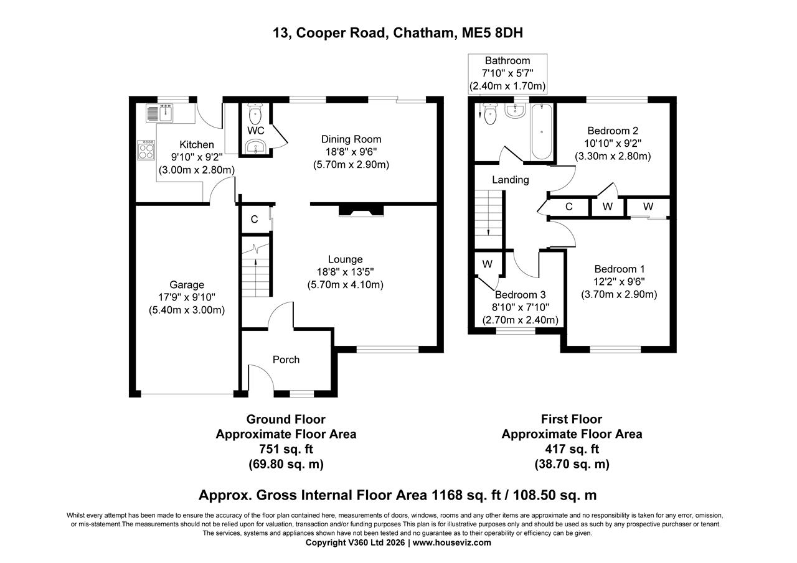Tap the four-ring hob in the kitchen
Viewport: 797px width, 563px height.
(147, 150)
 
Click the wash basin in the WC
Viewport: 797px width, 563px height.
(256, 147)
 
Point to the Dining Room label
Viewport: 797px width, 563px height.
(351, 139)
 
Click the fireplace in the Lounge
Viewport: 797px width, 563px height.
(361, 212)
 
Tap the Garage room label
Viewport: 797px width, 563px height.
(186, 285)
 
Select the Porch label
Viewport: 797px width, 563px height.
(286, 360)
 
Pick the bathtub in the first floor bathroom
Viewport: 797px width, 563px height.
(541, 131)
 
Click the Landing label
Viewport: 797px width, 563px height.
(511, 180)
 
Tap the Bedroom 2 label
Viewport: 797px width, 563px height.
(613, 131)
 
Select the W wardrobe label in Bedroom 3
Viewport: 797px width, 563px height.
(488, 264)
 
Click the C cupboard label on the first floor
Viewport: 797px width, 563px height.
(569, 207)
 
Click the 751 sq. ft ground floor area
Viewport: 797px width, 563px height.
(286, 449)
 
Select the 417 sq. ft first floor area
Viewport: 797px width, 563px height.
(572, 449)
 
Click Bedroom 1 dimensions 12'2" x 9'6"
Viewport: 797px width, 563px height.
(619, 282)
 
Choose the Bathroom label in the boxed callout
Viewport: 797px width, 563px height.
(507, 61)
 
